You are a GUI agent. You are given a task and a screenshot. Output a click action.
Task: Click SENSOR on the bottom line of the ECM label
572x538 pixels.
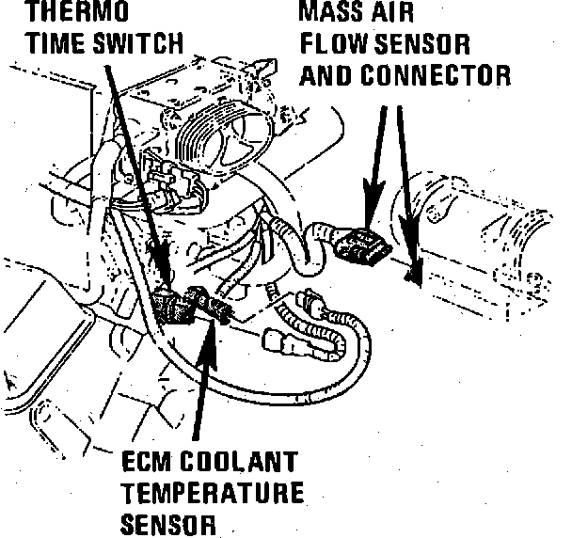[168, 522]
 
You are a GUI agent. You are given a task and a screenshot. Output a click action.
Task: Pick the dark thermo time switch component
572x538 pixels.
[174, 306]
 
